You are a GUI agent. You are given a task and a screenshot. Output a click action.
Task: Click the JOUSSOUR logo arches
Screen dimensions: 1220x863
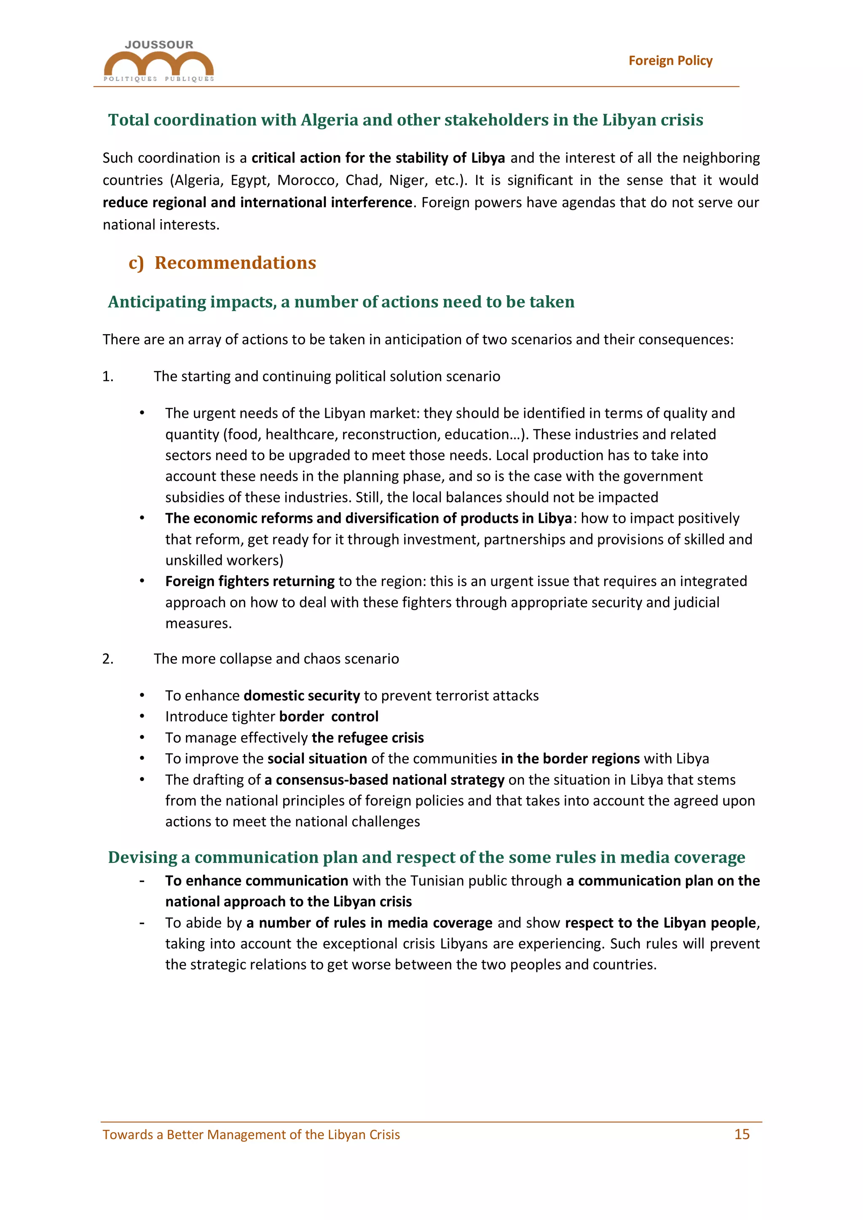tap(158, 63)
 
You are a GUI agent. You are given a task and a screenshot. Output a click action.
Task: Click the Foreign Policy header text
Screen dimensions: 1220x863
tap(670, 61)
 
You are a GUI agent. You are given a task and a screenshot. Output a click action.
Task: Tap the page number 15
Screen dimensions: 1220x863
tap(741, 1134)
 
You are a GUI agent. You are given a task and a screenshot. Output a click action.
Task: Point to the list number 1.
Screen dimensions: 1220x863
tap(107, 377)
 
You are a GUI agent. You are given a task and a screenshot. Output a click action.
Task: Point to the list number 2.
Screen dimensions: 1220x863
tap(107, 659)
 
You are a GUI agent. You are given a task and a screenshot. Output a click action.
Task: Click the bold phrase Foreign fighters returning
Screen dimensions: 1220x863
tap(250, 581)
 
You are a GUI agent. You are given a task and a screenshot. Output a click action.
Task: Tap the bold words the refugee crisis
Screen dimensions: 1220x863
tap(368, 738)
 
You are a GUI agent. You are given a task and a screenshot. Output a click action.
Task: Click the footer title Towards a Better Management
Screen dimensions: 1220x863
tap(251, 1134)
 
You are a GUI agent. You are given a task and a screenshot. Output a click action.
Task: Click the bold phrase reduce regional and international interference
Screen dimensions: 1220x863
tap(257, 203)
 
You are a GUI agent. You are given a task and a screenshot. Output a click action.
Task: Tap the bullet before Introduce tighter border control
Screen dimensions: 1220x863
tap(142, 717)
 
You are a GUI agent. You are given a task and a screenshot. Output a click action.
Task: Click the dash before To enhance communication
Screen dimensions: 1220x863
tap(142, 881)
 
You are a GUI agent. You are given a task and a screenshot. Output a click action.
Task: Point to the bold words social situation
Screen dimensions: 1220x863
tap(317, 759)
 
